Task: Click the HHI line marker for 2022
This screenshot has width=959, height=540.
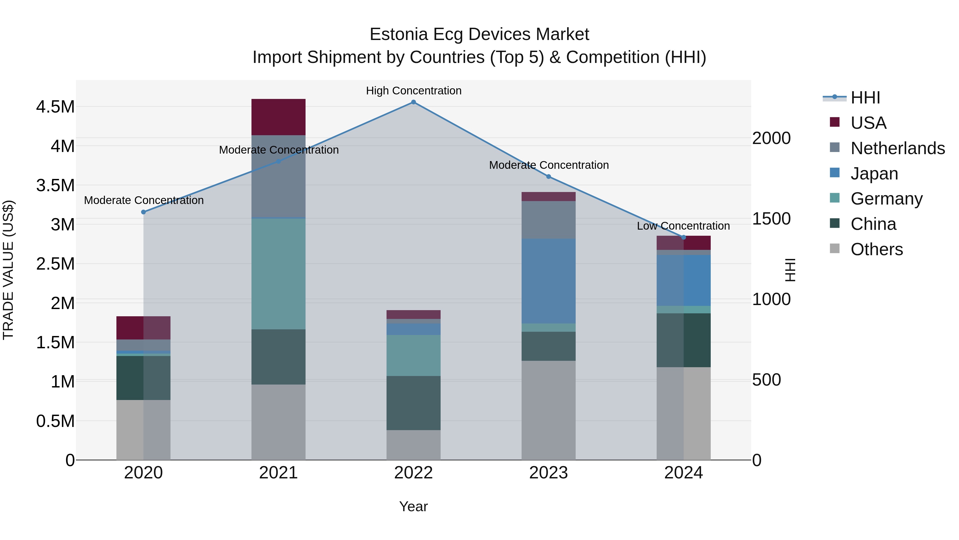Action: (413, 102)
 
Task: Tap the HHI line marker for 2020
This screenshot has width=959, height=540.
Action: (143, 212)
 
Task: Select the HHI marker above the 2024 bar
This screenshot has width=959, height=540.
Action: (684, 237)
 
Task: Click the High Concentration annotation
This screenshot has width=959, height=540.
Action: (414, 91)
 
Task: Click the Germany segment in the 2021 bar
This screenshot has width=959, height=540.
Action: (278, 274)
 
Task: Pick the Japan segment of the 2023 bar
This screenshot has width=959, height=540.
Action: (548, 281)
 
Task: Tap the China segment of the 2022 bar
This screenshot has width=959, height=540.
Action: (413, 403)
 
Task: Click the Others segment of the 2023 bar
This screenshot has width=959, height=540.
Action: (548, 410)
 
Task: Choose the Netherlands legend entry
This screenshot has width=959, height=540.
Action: (897, 148)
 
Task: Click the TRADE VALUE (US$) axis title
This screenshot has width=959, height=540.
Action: (9, 270)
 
